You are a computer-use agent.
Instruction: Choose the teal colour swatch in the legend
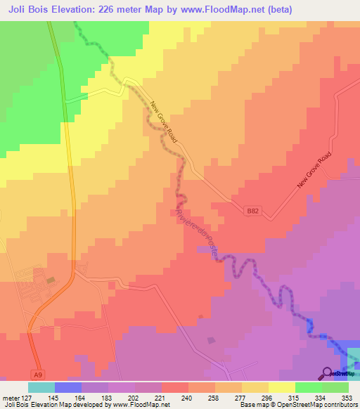[41, 387]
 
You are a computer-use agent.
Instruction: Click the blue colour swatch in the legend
[67, 387]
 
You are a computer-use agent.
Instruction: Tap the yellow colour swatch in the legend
[281, 387]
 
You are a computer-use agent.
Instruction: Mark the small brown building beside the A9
[50, 280]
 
